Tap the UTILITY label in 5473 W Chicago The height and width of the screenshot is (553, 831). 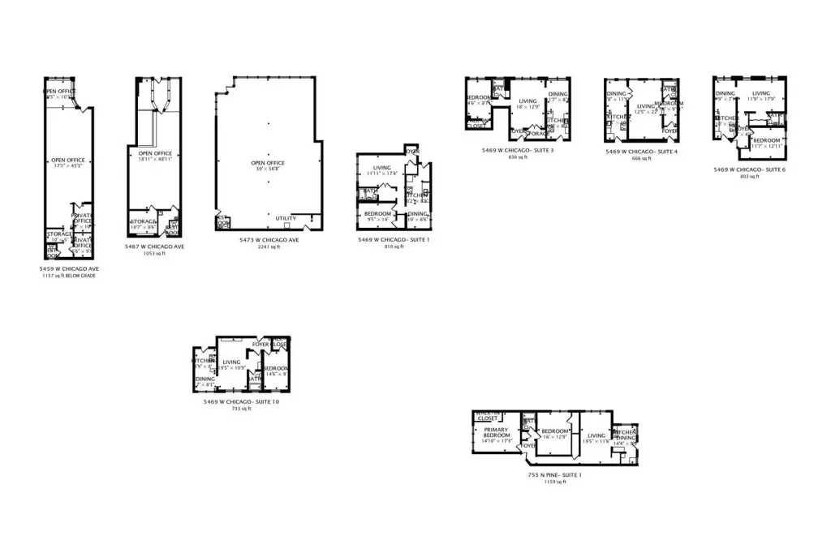[286, 218]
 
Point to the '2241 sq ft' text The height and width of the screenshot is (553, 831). [270, 246]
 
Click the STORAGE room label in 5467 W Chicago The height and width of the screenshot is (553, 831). [143, 221]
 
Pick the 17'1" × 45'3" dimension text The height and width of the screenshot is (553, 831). [68, 166]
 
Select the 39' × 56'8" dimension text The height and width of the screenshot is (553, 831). [268, 169]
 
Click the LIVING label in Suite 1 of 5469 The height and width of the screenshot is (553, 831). [381, 167]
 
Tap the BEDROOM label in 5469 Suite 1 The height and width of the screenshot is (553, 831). [377, 212]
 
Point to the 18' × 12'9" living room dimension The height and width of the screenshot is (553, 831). [528, 107]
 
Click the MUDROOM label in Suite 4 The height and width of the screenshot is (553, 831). [670, 103]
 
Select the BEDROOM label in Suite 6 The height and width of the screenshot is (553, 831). [766, 140]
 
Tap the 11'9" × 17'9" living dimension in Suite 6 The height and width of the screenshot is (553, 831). [760, 100]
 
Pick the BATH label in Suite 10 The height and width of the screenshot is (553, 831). [253, 376]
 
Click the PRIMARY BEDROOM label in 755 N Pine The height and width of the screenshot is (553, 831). [496, 433]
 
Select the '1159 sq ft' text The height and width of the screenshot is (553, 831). [553, 482]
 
